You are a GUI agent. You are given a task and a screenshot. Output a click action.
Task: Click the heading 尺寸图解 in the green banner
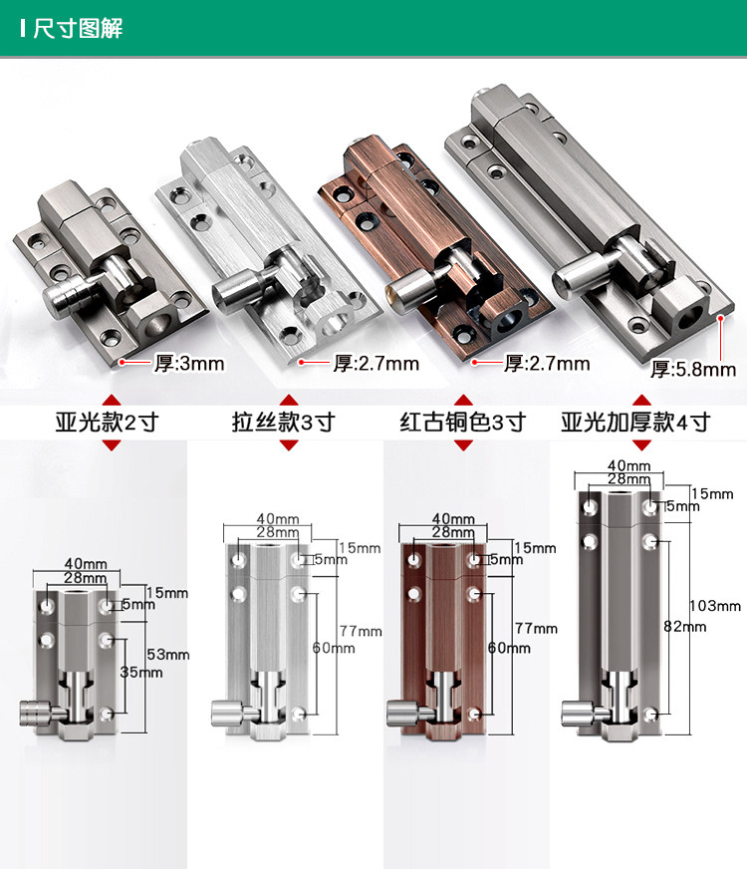pyautogui.click(x=78, y=28)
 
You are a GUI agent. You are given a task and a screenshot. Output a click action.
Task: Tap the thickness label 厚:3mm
pyautogui.click(x=189, y=364)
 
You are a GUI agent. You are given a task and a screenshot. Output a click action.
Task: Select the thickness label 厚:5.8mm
pyautogui.click(x=693, y=369)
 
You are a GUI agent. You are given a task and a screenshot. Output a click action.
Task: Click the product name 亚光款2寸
pyautogui.click(x=107, y=423)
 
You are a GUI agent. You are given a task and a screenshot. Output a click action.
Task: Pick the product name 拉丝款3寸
pyautogui.click(x=283, y=422)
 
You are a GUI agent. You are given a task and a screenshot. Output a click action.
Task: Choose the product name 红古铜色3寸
pyautogui.click(x=462, y=422)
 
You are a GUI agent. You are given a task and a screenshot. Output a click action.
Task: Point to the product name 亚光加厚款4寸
pyautogui.click(x=635, y=422)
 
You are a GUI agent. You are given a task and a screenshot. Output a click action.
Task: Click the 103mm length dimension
pyautogui.click(x=715, y=606)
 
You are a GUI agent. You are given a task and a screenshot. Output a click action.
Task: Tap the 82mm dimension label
pyautogui.click(x=684, y=627)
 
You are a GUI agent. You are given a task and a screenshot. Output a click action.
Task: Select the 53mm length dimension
pyautogui.click(x=168, y=655)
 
